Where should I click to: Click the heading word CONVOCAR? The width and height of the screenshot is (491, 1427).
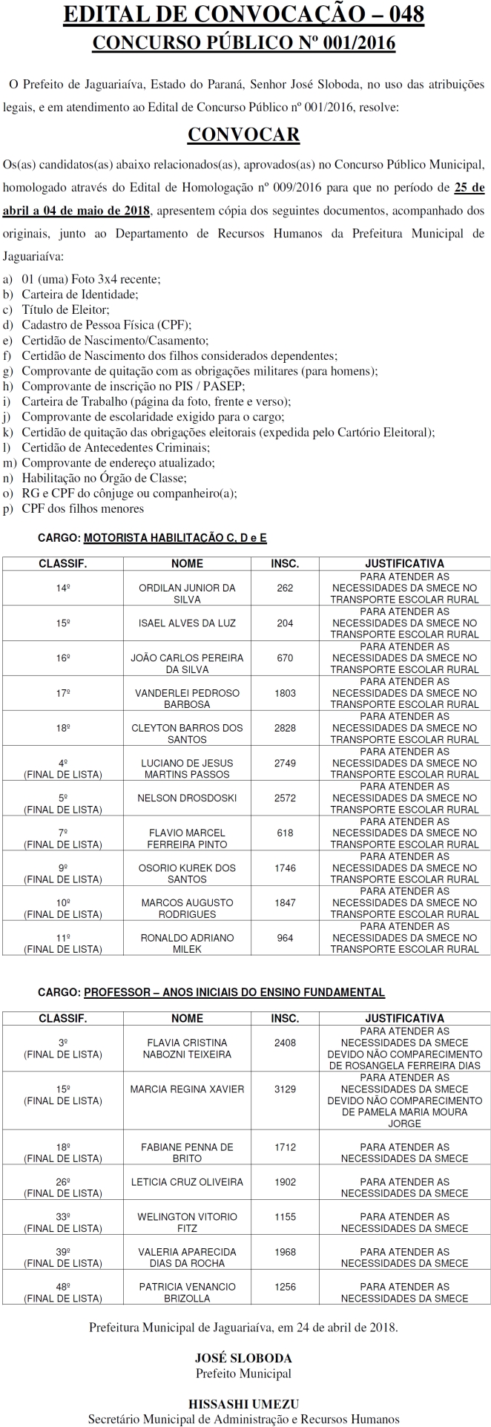pyautogui.click(x=243, y=134)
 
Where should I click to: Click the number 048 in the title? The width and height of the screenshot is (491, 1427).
pyautogui.click(x=398, y=16)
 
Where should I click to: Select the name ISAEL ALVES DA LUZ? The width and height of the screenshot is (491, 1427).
pyautogui.click(x=187, y=623)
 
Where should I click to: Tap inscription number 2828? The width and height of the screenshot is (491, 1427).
pyautogui.click(x=285, y=728)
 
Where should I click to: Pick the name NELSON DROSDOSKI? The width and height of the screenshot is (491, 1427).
pyautogui.click(x=187, y=798)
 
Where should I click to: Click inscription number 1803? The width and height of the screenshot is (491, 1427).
pyautogui.click(x=285, y=693)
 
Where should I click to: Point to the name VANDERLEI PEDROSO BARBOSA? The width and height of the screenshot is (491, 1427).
pyautogui.click(x=187, y=699)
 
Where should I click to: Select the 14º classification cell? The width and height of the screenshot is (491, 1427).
pyautogui.click(x=63, y=588)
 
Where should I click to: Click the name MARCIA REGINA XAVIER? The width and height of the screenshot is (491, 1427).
pyautogui.click(x=187, y=1089)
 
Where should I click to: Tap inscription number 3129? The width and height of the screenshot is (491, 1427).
pyautogui.click(x=285, y=1089)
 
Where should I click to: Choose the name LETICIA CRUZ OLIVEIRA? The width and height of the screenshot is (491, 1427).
pyautogui.click(x=187, y=1181)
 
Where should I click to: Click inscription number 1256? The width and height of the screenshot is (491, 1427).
pyautogui.click(x=285, y=1287)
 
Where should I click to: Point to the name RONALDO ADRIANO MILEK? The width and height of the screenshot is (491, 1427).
pyautogui.click(x=187, y=943)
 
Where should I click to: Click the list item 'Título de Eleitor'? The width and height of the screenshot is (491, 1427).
pyautogui.click(x=65, y=309)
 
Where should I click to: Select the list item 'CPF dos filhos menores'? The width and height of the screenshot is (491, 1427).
pyautogui.click(x=82, y=509)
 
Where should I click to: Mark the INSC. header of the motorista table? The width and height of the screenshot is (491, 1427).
pyautogui.click(x=285, y=563)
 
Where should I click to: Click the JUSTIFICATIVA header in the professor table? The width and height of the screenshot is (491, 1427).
pyautogui.click(x=404, y=1018)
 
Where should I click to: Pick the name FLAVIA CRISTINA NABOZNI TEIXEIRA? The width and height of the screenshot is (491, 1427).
pyautogui.click(x=187, y=1049)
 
